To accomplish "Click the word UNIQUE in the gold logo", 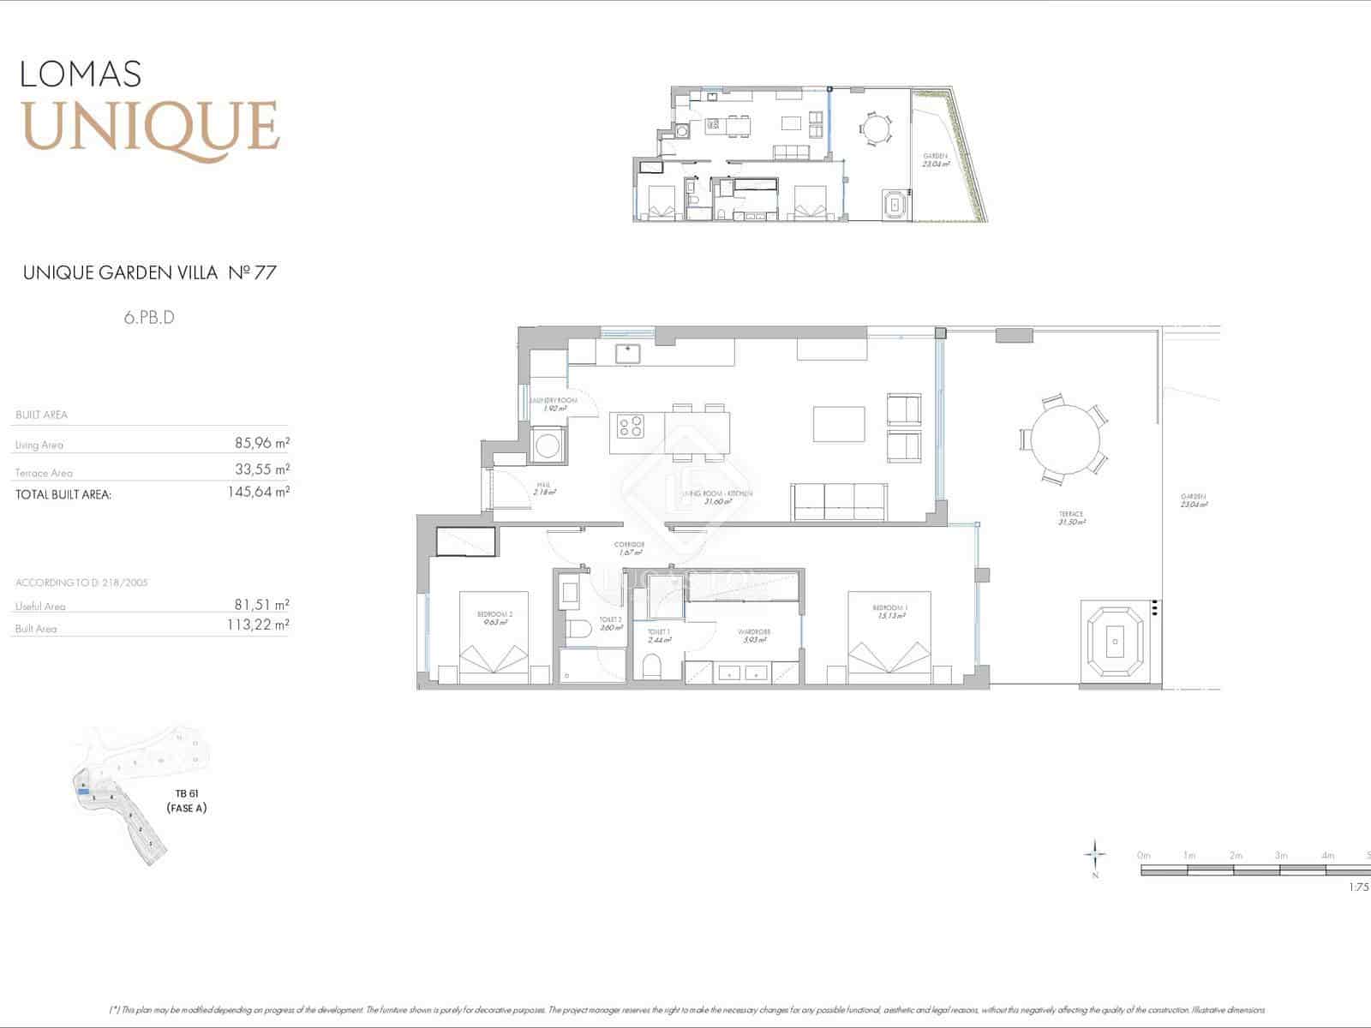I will point(151,126).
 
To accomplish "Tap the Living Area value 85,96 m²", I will point(262,444).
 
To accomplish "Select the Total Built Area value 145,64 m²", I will point(258,493).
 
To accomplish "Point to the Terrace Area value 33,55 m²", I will point(262,469).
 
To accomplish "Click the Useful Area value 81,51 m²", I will point(262,605).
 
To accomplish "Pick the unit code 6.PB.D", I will point(149,318).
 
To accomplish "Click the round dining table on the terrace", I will point(1064,439).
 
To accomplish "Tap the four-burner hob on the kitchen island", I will point(632,426).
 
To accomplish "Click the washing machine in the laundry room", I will point(547,445).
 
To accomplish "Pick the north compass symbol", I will point(1095,855).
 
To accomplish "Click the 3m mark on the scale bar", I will point(1280,856).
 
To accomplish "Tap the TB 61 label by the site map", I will point(186,794).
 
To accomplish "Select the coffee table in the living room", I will point(839,423).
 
